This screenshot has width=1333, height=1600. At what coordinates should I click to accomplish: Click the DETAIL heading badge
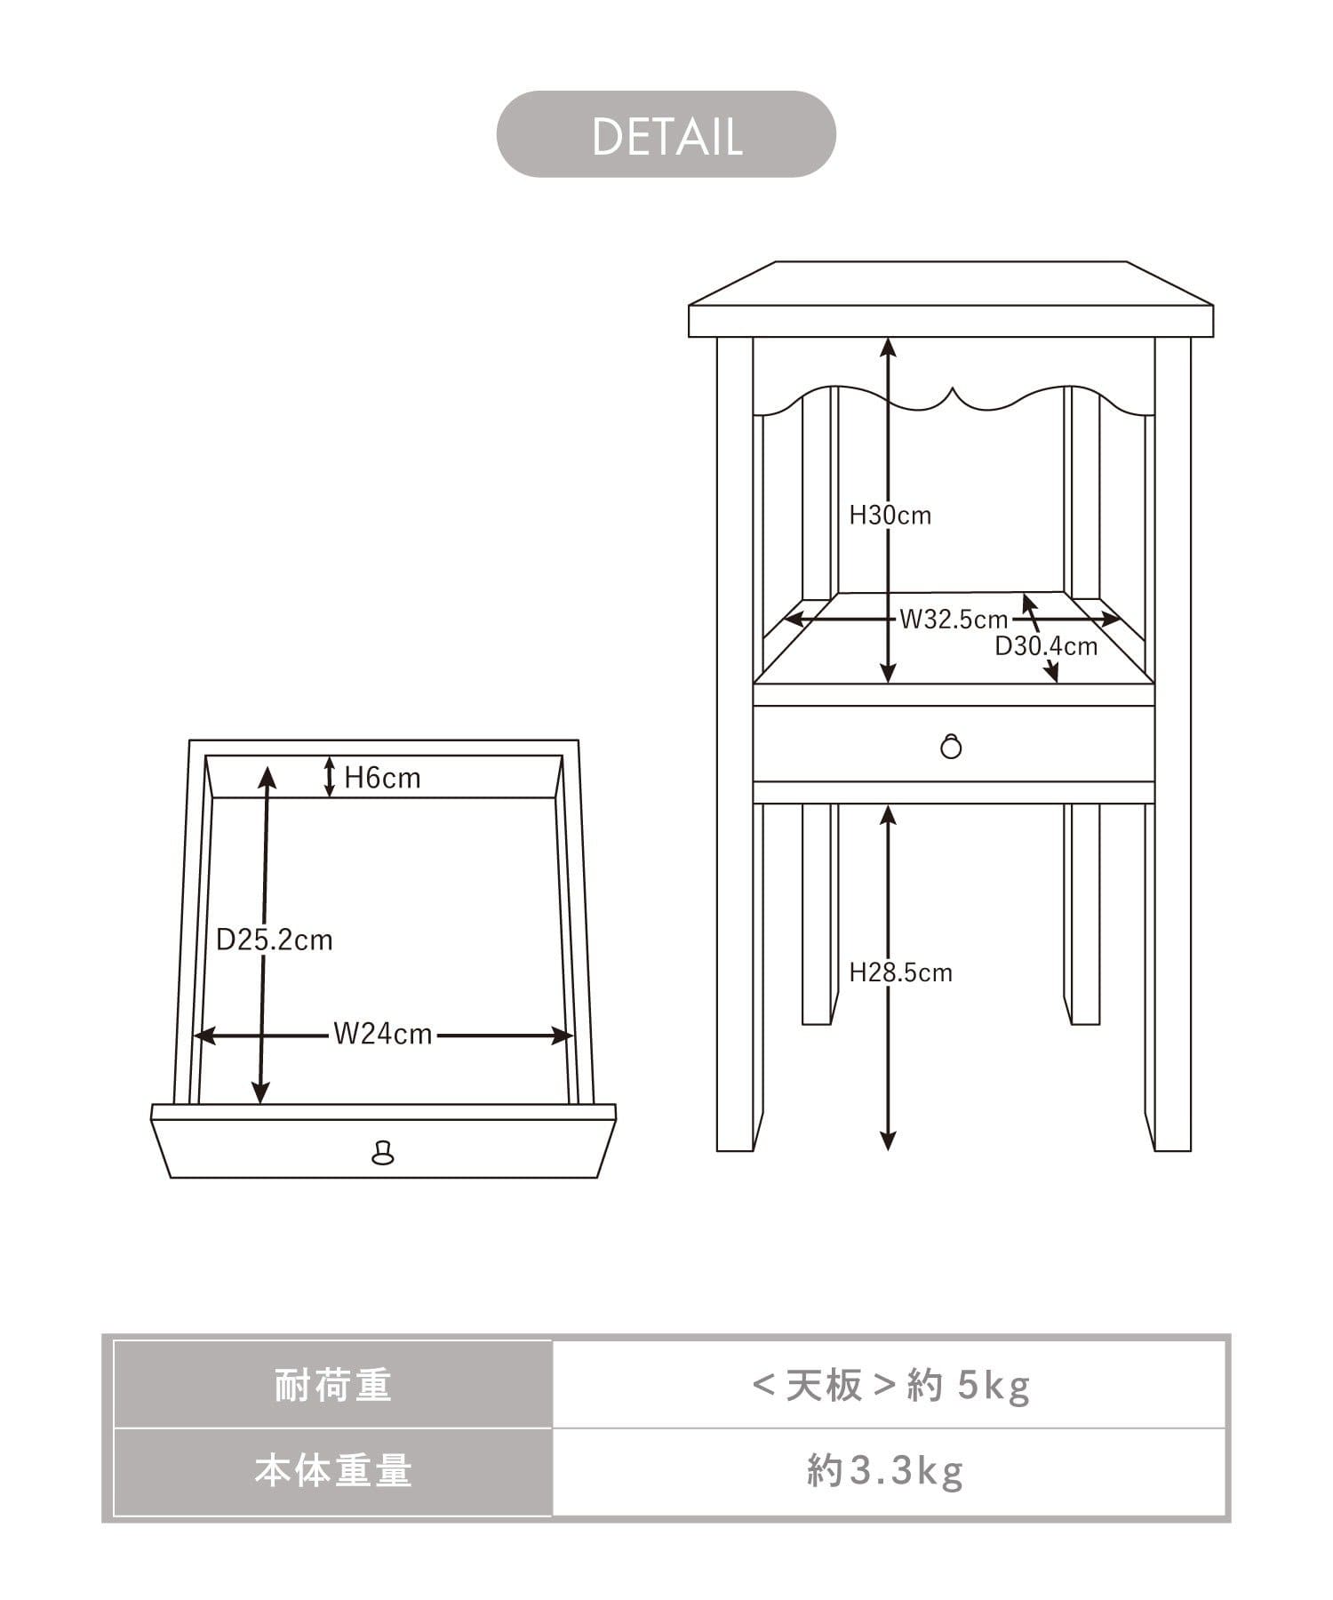pyautogui.click(x=666, y=135)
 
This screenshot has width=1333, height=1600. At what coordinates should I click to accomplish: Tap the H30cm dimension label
pyautogui.click(x=890, y=516)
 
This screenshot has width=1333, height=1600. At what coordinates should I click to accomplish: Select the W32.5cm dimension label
pyautogui.click(x=954, y=620)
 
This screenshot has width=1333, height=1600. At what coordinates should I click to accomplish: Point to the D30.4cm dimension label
pyautogui.click(x=1046, y=646)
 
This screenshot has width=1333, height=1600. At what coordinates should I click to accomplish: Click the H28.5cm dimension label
pyautogui.click(x=900, y=972)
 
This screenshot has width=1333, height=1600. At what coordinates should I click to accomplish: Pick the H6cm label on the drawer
pyautogui.click(x=382, y=778)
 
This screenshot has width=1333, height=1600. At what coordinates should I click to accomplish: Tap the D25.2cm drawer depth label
pyautogui.click(x=274, y=940)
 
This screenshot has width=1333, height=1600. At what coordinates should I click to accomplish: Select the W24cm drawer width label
pyautogui.click(x=382, y=1034)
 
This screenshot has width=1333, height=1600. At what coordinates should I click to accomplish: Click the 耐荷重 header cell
pyautogui.click(x=332, y=1386)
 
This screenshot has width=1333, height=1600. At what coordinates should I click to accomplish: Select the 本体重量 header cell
pyautogui.click(x=332, y=1471)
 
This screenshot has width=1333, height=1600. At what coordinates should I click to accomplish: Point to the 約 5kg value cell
pyautogui.click(x=890, y=1386)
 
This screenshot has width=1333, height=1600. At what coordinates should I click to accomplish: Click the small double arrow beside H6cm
pyautogui.click(x=329, y=777)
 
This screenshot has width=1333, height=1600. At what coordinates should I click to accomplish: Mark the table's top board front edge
pyautogui.click(x=951, y=321)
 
